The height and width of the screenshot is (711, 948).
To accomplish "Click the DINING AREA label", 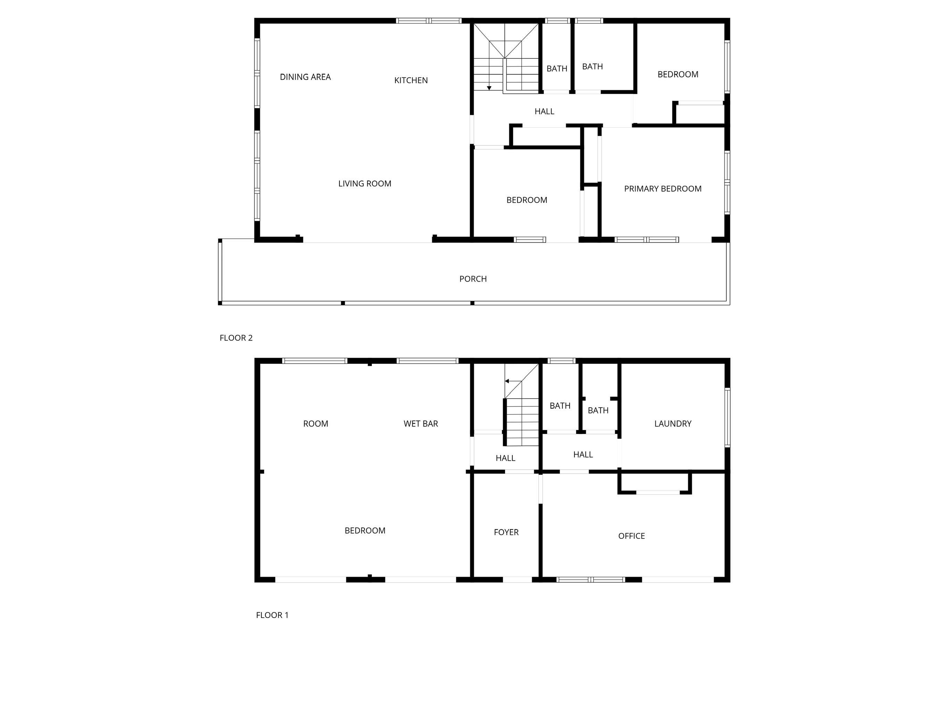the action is pos(305,77).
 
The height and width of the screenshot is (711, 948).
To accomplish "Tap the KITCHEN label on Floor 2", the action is pos(411,81).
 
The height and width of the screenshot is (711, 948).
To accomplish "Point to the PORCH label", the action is pos(473,279).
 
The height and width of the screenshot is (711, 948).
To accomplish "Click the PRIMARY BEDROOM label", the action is pos(663,189).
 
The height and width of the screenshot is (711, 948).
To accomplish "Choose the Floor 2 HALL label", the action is pos(544,111).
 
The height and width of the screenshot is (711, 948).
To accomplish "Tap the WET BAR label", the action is pos(421,424).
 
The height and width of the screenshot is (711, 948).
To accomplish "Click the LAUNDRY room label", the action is pos(673,424).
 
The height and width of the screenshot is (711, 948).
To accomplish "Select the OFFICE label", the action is pos(631,536).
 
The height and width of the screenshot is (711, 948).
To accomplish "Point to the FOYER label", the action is pos(506,532).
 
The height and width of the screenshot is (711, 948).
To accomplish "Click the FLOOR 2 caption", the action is pos(236,338).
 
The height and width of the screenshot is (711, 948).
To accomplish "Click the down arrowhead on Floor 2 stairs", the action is pos(489,88).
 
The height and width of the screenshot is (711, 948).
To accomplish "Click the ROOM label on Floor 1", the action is pos(316,424).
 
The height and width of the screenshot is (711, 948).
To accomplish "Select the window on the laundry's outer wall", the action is pos(727,418).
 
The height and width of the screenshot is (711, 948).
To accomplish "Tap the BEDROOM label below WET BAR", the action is pos(365,530).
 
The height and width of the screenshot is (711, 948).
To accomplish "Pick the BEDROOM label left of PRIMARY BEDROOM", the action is pos(527,200).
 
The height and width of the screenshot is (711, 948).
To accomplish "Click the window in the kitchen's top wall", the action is pos(429,20).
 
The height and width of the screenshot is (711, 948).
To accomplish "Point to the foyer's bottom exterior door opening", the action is pos(517,579).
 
